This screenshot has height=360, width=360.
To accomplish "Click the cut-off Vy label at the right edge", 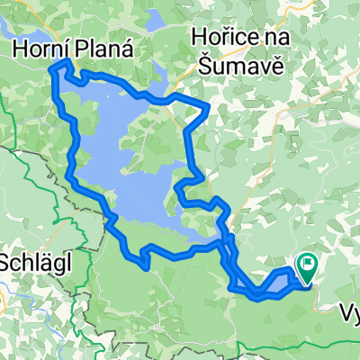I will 350,312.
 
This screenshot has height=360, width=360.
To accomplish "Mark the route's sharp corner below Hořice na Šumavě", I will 208,106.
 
